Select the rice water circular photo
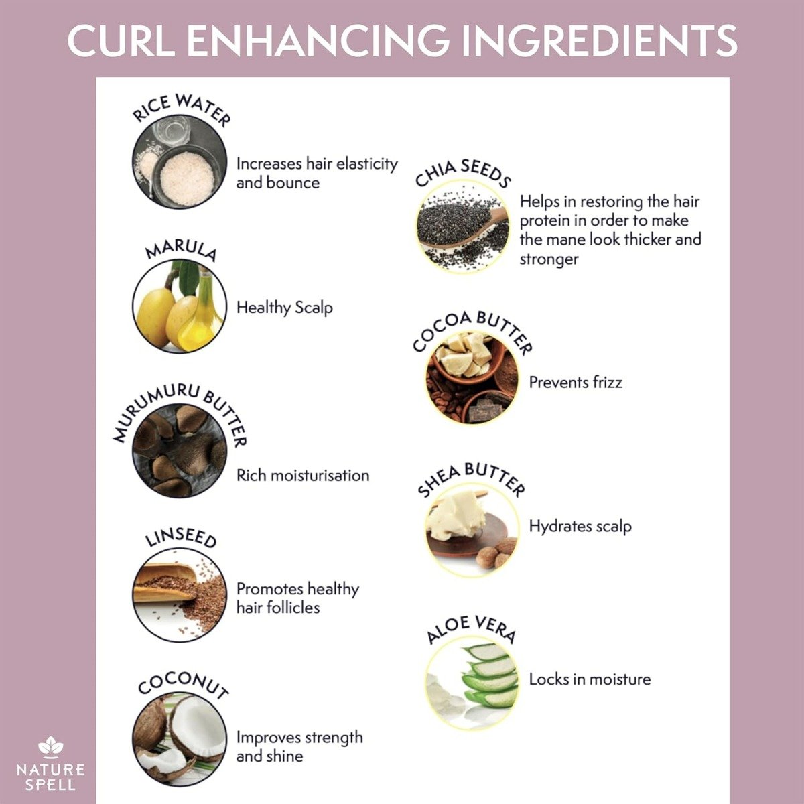[x=179, y=162]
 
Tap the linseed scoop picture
[x=179, y=595]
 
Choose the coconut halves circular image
[x=179, y=739]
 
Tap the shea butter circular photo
[x=472, y=529]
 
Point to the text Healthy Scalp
[x=284, y=308]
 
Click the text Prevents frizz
[x=576, y=383]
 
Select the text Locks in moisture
[x=590, y=679]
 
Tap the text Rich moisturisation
[x=303, y=476]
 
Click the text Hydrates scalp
[x=580, y=527]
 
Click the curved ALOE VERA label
[x=471, y=629]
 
